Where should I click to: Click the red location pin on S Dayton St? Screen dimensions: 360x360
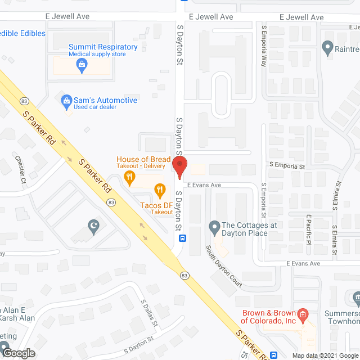click(x=179, y=168)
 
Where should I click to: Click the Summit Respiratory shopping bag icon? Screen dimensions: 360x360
click(x=82, y=66)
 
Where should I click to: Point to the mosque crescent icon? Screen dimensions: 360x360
click(x=93, y=228)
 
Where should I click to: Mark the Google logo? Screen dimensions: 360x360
click(x=18, y=353)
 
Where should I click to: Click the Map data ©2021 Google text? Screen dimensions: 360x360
click(x=324, y=355)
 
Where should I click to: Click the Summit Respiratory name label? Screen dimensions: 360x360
click(x=103, y=47)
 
